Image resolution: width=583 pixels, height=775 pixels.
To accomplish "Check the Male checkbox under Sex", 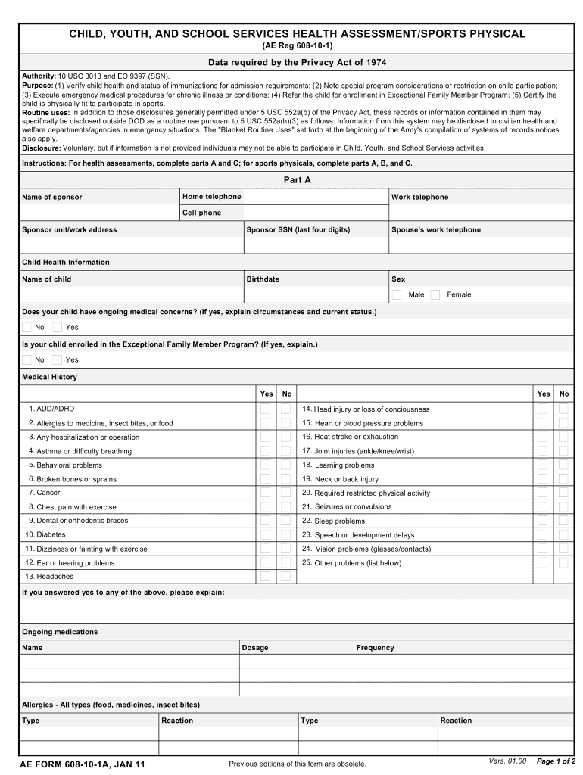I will [397, 294].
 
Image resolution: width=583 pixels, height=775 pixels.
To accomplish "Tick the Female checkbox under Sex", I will [435, 294].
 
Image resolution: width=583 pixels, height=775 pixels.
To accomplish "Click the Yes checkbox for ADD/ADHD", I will [265, 409].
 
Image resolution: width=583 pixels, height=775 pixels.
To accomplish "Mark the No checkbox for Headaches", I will [285, 577].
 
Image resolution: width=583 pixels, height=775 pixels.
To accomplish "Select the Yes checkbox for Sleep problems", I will [542, 521].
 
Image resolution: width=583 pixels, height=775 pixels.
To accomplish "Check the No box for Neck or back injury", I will [563, 479].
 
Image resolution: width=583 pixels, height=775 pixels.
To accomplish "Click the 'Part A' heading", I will [297, 180].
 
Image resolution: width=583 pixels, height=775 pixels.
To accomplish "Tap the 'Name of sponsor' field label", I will [52, 198].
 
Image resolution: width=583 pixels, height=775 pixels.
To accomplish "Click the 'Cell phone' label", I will [202, 213].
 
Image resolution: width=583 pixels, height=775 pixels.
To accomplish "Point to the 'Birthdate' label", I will [263, 279].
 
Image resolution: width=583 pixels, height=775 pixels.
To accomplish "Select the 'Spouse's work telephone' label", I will [435, 230].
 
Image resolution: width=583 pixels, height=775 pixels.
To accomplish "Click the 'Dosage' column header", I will [255, 648].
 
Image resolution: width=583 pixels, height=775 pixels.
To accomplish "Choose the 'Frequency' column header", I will [376, 648].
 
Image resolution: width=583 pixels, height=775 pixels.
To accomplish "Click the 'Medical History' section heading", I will [49, 377].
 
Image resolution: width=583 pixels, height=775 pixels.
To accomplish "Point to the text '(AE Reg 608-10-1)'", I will [297, 46].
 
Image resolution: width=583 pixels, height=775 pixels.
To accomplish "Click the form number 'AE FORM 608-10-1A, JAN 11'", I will [83, 764].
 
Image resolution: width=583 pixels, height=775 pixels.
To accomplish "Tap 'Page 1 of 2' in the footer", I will [556, 761].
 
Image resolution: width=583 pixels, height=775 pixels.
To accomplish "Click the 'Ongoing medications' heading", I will [60, 632].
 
